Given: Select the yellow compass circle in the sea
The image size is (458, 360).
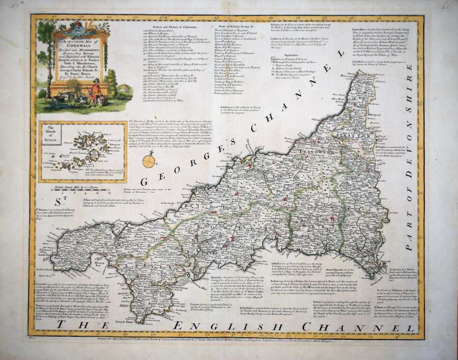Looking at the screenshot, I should [x=149, y=161].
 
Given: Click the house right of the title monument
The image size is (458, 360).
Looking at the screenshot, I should [x=124, y=88].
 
